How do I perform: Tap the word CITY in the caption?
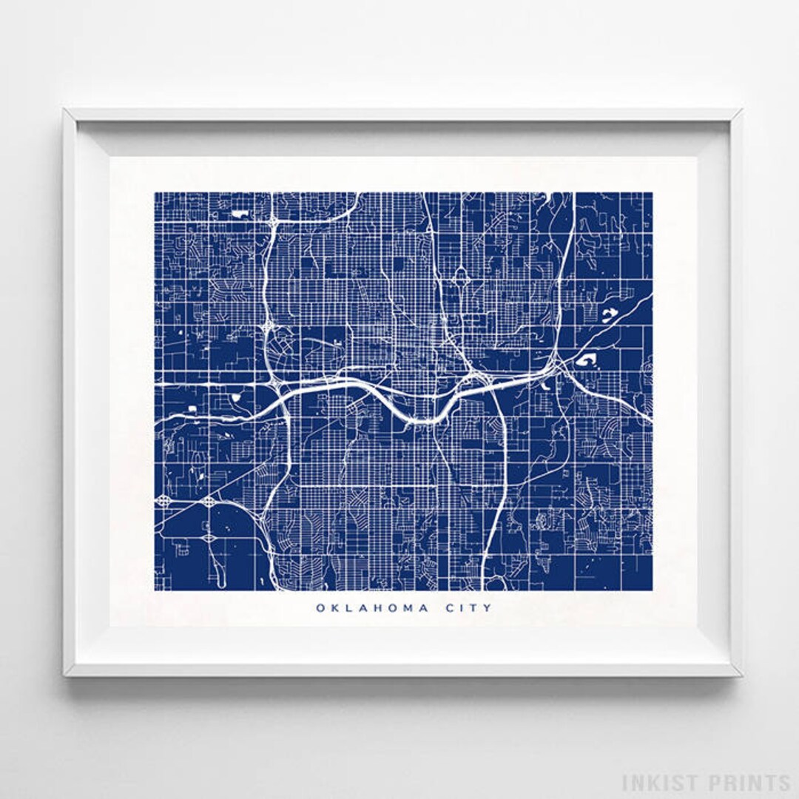469,608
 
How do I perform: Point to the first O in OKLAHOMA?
320,608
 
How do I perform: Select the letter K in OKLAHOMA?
334,608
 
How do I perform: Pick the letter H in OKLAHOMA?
376,608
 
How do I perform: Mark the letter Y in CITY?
488,608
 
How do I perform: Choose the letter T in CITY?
474,608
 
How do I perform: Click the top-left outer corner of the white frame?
64,109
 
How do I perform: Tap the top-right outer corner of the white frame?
741,109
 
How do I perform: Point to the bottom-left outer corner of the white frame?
64,675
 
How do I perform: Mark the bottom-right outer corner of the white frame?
741,675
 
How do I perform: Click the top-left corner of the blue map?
155,193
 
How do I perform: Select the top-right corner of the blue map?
652,193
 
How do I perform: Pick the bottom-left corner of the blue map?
155,590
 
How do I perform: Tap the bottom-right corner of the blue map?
652,590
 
